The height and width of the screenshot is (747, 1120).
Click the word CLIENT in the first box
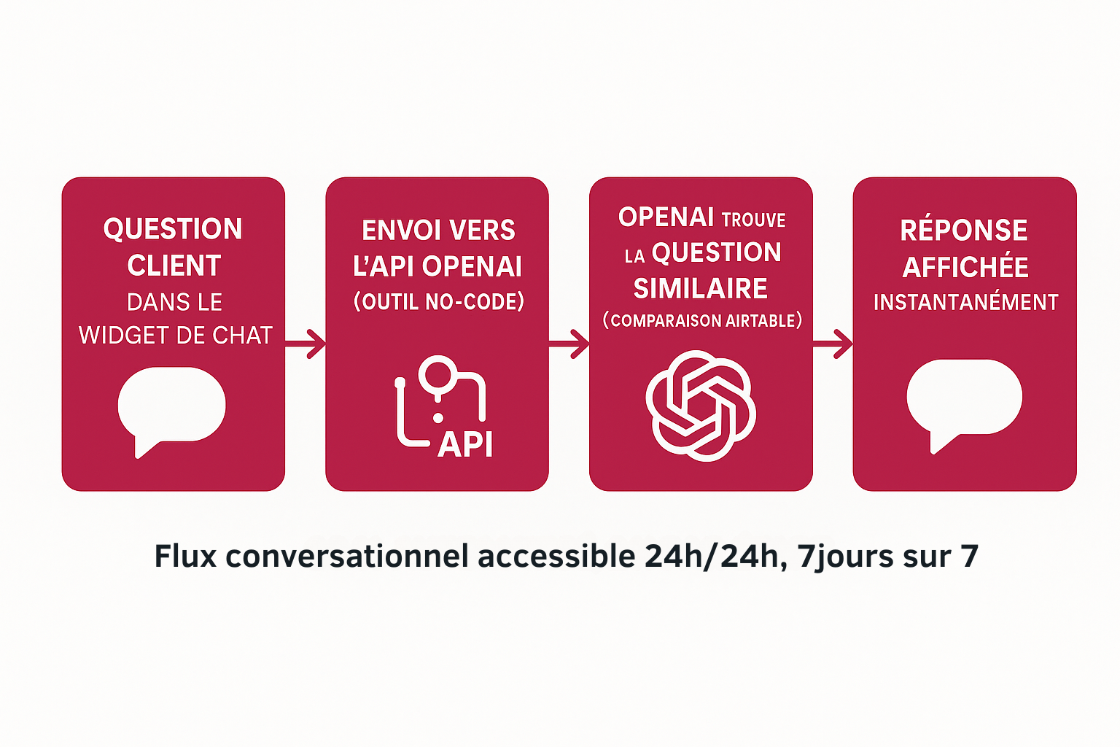[174, 266]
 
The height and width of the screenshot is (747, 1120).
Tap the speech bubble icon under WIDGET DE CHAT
[171, 407]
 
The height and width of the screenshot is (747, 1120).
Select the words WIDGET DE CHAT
[175, 336]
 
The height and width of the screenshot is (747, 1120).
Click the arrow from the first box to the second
[306, 344]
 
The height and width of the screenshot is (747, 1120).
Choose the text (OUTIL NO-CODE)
[438, 302]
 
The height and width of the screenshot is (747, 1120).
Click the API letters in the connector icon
[465, 444]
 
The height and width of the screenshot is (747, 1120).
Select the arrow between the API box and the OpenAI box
[569, 344]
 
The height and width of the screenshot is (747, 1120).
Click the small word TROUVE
[753, 220]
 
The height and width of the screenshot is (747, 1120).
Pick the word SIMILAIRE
[700, 289]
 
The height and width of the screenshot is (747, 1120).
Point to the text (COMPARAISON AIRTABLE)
[702, 321]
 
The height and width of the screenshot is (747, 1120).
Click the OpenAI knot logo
[701, 406]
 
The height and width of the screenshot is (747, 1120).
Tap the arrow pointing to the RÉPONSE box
[833, 344]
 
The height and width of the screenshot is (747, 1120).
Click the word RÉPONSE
[964, 231]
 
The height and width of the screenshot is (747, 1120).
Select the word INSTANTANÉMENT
[965, 302]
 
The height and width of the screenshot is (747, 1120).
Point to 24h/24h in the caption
[712, 557]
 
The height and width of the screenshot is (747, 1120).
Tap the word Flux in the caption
[186, 557]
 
